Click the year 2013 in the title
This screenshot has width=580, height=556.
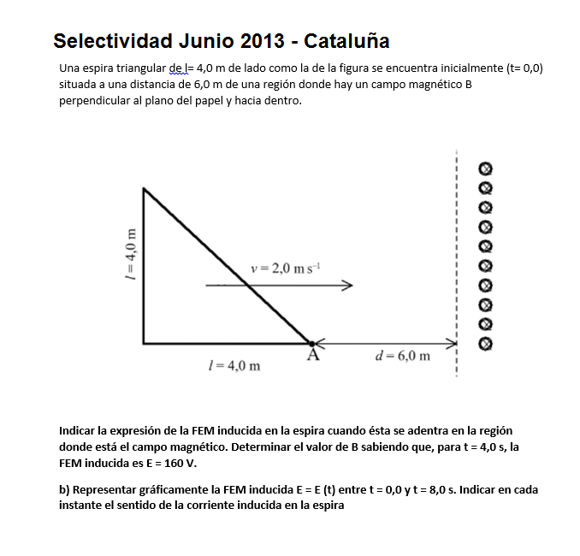coord(257,40)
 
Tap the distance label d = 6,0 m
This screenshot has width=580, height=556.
coord(403,355)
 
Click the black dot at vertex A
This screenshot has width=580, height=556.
coord(312,343)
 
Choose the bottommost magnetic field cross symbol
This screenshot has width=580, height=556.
coord(485,343)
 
